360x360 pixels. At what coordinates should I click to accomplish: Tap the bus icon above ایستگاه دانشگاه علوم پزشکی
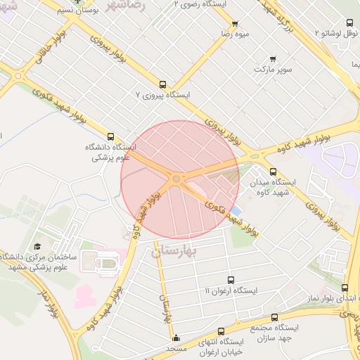110,136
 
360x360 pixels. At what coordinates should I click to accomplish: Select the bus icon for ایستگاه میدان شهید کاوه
273,171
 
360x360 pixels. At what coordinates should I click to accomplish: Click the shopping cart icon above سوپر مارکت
273,59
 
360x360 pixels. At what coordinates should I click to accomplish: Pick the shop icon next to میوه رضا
234,23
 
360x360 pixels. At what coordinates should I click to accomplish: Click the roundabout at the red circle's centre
176,179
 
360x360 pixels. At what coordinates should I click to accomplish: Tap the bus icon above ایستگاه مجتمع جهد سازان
274,317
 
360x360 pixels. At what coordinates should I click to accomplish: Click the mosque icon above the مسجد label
176,338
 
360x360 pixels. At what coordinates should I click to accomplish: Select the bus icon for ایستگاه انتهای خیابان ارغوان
221,330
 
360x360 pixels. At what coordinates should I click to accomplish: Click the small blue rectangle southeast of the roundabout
236,210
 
